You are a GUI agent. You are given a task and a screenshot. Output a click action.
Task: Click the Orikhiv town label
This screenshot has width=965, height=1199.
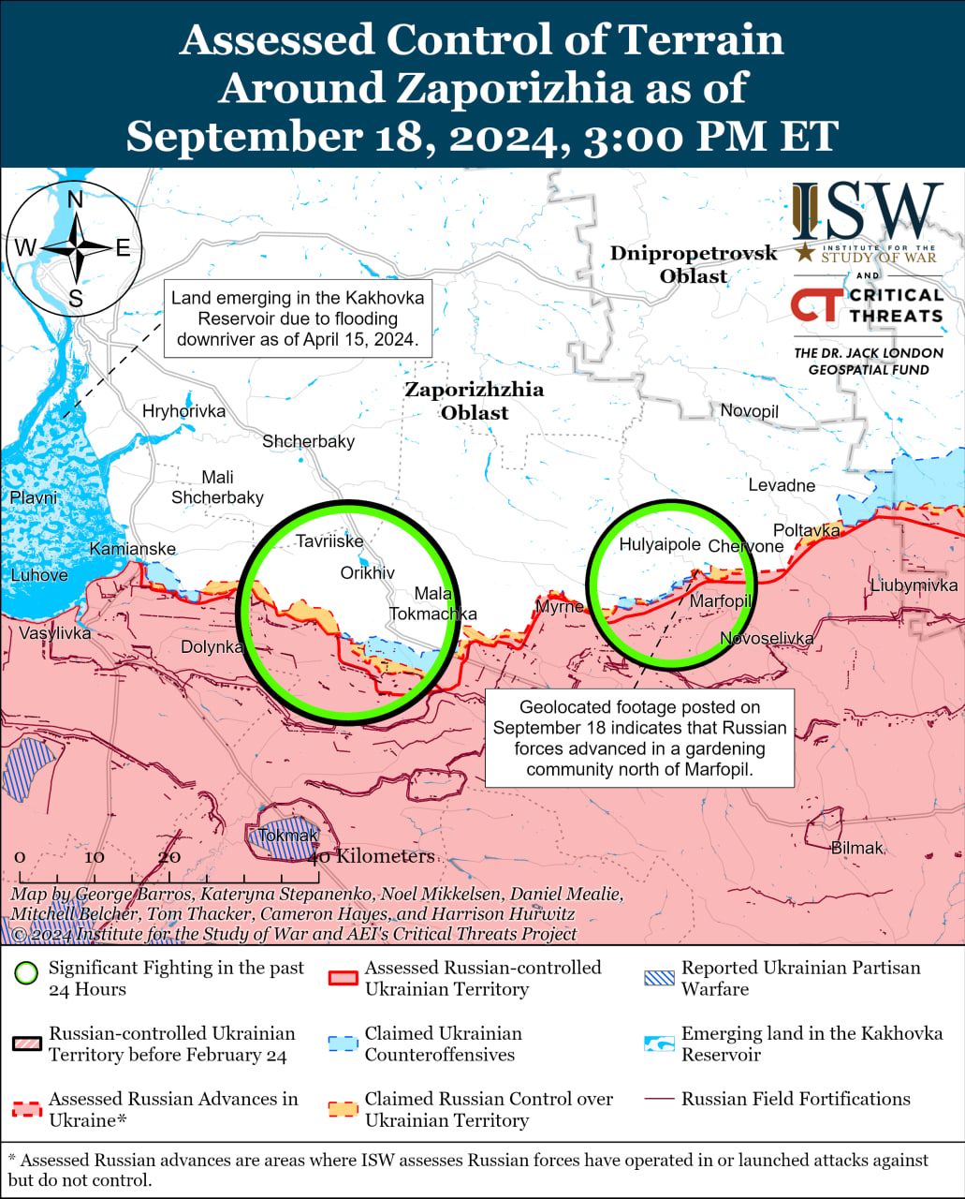point(367,572)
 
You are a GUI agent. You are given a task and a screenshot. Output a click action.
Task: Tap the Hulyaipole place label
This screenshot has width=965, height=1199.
point(660,545)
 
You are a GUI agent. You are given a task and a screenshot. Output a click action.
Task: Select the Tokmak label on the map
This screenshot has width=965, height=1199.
point(287,836)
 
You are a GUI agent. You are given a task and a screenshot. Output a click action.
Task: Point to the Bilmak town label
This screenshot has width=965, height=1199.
point(856,848)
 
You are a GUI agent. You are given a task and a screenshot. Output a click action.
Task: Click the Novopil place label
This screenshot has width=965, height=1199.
point(749,411)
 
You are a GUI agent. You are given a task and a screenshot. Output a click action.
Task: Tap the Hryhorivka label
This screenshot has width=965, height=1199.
point(183,411)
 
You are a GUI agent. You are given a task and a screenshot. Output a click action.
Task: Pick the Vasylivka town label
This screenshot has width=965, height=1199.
point(55,633)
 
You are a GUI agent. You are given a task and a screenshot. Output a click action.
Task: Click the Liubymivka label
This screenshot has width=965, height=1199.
point(914,585)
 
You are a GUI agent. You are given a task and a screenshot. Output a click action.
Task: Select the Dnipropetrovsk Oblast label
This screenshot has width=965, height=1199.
point(694,264)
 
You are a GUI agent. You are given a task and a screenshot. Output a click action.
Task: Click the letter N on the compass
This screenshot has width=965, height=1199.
point(76,200)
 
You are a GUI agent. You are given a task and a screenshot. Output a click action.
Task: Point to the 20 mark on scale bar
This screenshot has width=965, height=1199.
point(169,857)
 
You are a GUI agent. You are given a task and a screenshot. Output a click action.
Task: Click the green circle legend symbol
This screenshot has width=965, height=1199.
point(27,972)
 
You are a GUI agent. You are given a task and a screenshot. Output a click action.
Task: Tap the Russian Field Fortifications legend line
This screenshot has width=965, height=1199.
point(659,1099)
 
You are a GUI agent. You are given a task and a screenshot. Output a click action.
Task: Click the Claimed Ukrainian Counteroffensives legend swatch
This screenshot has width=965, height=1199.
point(343,1044)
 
